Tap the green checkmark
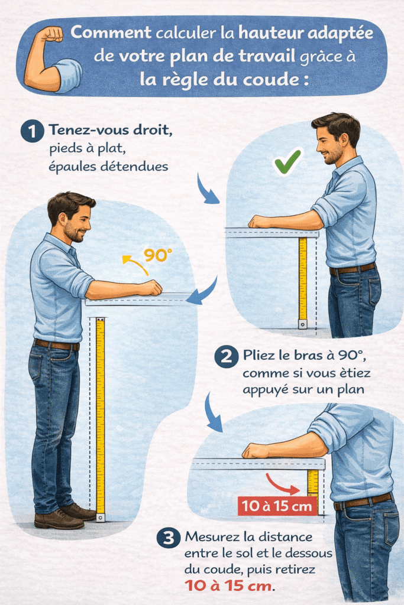[287, 161]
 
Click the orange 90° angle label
[158, 255]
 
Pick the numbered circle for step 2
[225, 357]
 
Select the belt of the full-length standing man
[57, 344]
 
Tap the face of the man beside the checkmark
[330, 145]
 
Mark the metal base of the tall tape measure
[101, 518]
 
